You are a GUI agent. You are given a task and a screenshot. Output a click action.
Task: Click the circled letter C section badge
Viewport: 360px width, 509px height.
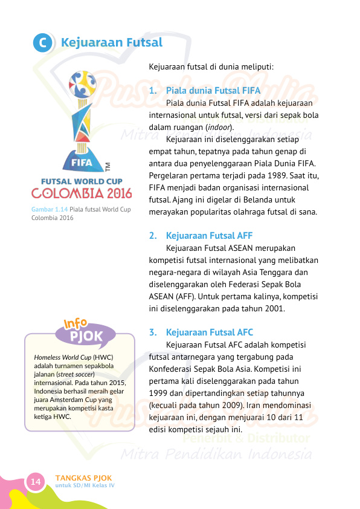point(42,44)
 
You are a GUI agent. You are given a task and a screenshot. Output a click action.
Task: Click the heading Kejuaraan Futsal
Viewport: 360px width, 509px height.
point(112,43)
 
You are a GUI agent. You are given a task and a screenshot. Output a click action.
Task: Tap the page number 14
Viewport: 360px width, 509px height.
point(36,482)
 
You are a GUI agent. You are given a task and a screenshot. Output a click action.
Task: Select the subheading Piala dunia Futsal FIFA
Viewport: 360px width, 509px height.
point(213,91)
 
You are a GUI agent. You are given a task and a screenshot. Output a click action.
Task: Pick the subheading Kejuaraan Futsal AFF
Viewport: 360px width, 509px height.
point(209,235)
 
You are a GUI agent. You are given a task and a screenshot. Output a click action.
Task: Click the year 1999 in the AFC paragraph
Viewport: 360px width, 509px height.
point(158,393)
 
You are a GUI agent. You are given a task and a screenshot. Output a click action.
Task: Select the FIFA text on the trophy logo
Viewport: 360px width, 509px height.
point(82,163)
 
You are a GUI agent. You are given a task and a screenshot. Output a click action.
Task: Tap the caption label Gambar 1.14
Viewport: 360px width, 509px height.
point(50,210)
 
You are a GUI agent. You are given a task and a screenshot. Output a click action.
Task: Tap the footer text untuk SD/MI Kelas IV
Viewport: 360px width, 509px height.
point(85,485)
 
